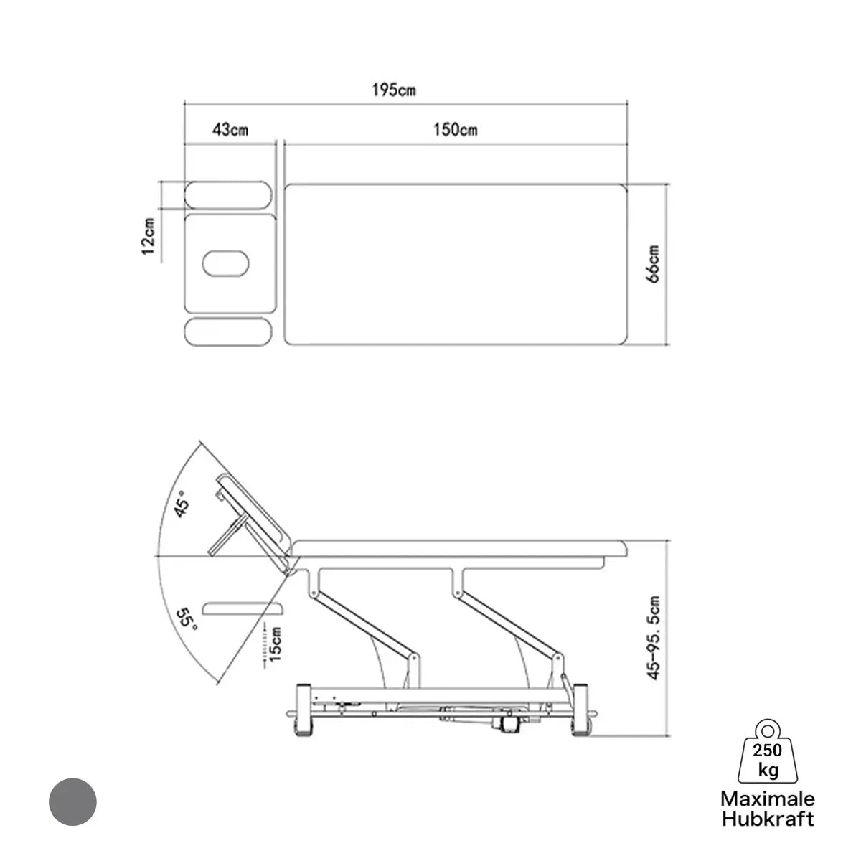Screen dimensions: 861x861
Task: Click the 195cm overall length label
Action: [394, 90]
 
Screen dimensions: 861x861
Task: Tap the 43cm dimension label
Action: [230, 130]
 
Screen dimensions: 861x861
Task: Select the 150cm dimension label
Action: [456, 130]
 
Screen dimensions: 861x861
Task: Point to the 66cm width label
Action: [653, 264]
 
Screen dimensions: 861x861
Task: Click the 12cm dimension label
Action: [149, 236]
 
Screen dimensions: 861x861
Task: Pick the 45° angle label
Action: [182, 504]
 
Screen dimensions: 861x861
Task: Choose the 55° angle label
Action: [187, 620]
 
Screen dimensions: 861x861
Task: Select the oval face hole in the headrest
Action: [225, 263]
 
